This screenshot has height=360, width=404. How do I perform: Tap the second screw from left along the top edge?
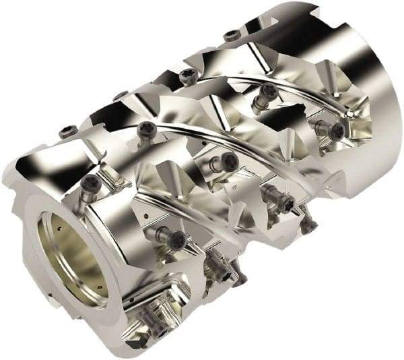(121, 96)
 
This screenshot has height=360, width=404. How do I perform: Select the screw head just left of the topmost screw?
(188, 73)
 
